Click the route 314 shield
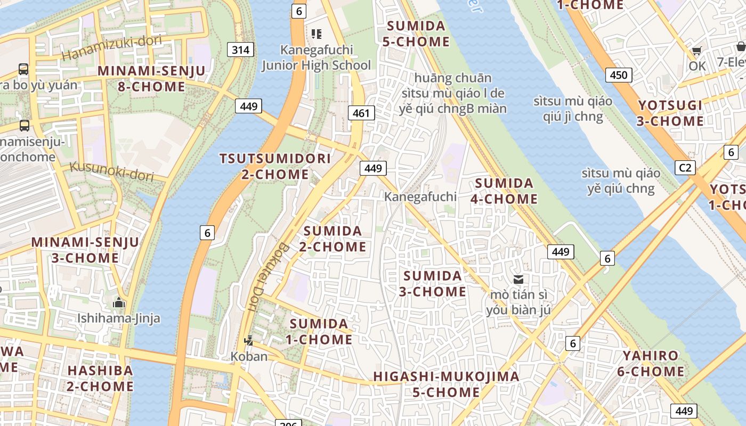[240, 50]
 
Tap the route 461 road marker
[361, 113]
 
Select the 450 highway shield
[618, 75]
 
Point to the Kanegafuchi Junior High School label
[317, 58]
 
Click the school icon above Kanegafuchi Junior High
[317, 34]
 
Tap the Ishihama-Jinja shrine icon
[118, 303]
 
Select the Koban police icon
[248, 340]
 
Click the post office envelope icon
[518, 279]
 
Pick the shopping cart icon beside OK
[696, 51]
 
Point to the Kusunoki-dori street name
[111, 171]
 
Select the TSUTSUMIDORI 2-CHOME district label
[275, 166]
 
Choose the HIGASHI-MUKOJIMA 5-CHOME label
[446, 384]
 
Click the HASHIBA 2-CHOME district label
[100, 378]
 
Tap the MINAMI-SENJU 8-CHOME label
[151, 79]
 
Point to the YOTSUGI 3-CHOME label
[670, 113]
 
